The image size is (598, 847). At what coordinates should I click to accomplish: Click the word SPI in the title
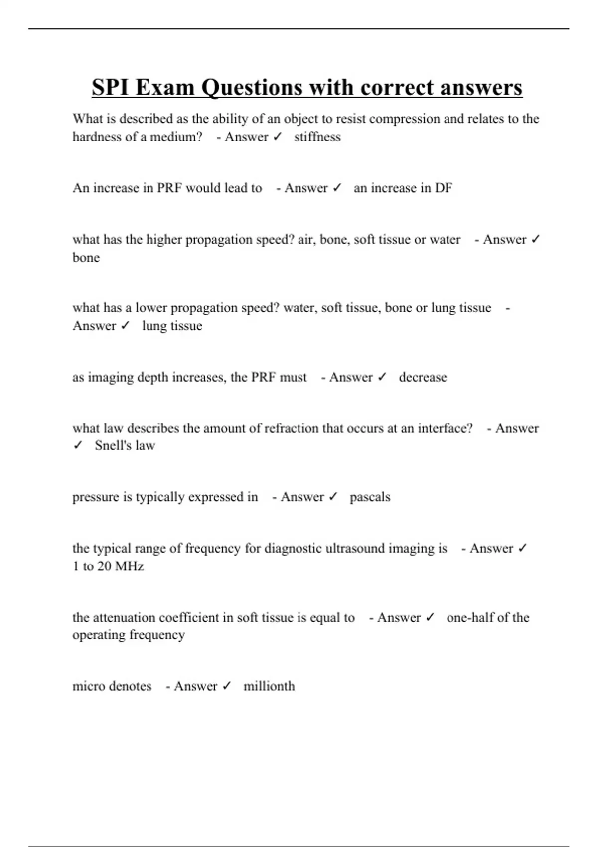[110, 88]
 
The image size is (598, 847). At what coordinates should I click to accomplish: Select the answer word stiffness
[317, 137]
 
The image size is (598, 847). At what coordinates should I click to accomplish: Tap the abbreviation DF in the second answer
[443, 188]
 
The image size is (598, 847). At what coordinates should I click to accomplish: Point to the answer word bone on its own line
[86, 258]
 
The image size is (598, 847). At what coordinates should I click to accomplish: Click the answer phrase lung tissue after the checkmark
[172, 326]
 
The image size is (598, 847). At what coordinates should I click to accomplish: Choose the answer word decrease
[423, 377]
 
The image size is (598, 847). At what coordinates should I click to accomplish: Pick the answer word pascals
[370, 497]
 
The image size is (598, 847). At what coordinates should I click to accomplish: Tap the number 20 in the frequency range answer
[104, 566]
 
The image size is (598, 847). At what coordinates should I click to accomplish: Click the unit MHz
[130, 566]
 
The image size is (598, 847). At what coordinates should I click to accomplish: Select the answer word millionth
[269, 686]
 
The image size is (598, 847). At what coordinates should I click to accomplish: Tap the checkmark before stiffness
[278, 137]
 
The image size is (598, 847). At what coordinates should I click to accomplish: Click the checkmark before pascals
[333, 497]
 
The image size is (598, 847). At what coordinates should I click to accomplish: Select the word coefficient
[189, 618]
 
